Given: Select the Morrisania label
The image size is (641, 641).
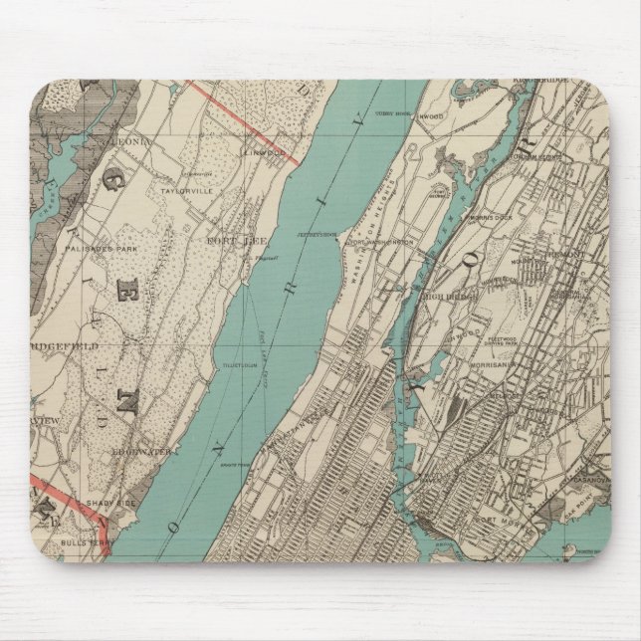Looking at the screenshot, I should point(504,361).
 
